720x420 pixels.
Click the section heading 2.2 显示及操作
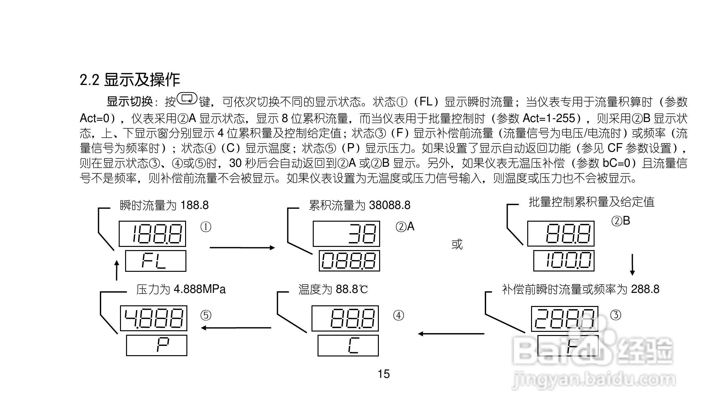(130, 80)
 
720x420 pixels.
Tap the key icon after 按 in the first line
(187, 98)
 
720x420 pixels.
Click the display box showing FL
(155, 261)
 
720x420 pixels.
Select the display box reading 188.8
(152, 234)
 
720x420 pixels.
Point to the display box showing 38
(346, 234)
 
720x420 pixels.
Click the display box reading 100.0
(564, 261)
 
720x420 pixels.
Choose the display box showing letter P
(157, 345)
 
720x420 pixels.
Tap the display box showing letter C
(348, 345)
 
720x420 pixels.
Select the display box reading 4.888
(154, 318)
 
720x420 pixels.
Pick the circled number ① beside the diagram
(206, 227)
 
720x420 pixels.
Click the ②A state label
(405, 227)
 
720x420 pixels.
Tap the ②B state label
(621, 221)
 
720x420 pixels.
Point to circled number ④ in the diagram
(399, 316)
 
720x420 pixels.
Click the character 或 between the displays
(457, 245)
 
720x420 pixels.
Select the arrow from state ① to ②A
(242, 248)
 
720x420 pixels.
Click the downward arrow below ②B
(632, 264)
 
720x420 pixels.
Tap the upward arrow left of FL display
(117, 270)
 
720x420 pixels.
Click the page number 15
(384, 374)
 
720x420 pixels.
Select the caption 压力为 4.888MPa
(181, 289)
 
